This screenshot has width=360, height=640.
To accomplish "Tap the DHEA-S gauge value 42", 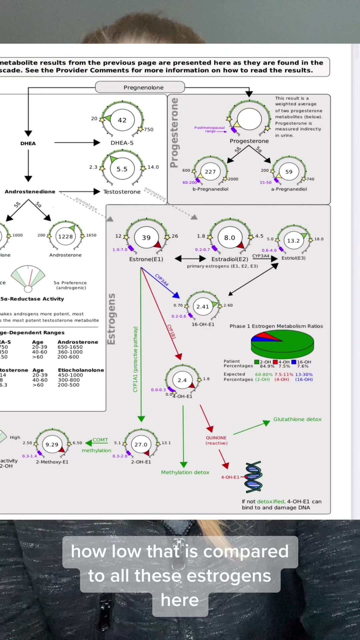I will tap(122, 120).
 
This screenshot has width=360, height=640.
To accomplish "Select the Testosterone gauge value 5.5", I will tap(122, 169).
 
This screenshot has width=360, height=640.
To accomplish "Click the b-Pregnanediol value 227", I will tap(210, 172).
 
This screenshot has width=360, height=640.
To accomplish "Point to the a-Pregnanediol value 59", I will tap(289, 172).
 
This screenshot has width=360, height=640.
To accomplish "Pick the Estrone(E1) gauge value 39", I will tap(146, 238).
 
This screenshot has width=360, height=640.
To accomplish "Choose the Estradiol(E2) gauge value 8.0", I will tap(230, 238).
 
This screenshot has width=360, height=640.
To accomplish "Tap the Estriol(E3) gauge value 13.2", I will tap(293, 241).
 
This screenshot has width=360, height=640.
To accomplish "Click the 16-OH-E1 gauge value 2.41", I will tap(203, 307).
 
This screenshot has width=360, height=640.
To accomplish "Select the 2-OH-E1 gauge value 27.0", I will tap(141, 444).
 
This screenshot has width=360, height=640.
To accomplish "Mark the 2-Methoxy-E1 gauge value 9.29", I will tap(52, 444).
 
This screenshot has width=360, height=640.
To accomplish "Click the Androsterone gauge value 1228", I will tap(65, 236).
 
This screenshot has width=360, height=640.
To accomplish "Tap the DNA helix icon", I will tap(254, 477).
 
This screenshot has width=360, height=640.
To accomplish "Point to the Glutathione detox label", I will tap(297, 419).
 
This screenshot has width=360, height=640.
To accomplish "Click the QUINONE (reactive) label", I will tap(216, 440).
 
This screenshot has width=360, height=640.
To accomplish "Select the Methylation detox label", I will tap(185, 472).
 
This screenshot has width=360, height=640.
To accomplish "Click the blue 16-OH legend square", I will tap(294, 362).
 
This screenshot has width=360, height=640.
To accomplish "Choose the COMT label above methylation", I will tap(100, 440).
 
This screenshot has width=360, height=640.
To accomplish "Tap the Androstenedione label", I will tap(30, 192).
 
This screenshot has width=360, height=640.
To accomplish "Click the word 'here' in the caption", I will tap(180, 600).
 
